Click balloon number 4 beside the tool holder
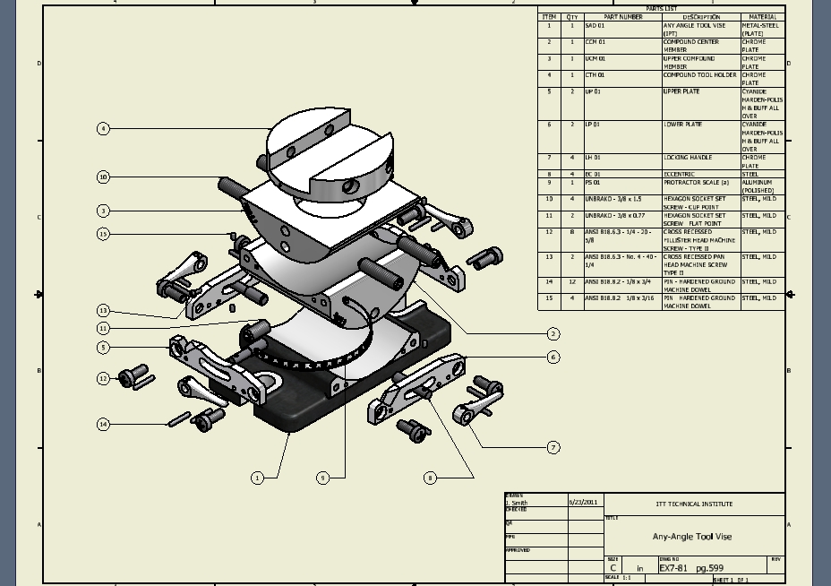click(x=103, y=129)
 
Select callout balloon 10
click(x=103, y=177)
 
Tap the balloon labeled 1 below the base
click(x=257, y=478)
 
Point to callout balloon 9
click(x=323, y=478)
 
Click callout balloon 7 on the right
click(x=553, y=447)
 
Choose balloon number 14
click(x=103, y=424)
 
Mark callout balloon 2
click(x=553, y=333)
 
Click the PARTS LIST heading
click(x=661, y=9)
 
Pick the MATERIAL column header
click(x=762, y=17)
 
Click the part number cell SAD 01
click(x=595, y=26)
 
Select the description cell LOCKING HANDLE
click(x=688, y=158)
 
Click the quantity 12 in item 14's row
click(x=572, y=281)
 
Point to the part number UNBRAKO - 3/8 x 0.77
click(x=614, y=216)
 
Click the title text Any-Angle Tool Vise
click(x=691, y=537)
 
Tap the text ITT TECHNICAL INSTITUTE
click(x=694, y=504)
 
